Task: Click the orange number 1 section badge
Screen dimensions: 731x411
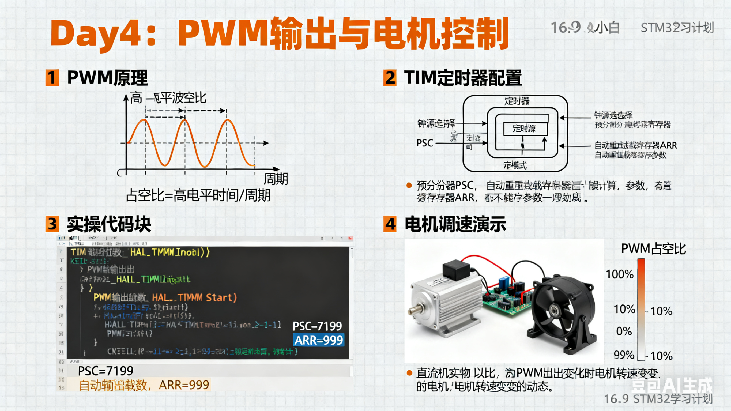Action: [x=52, y=78]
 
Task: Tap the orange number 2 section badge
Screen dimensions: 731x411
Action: [x=390, y=78]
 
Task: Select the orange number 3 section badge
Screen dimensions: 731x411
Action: [x=52, y=224]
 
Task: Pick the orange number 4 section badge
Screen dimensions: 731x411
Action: [x=390, y=224]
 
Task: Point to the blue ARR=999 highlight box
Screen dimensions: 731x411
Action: [x=318, y=340]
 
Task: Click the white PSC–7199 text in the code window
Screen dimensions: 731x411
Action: [x=317, y=326]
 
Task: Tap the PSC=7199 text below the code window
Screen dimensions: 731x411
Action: [x=105, y=371]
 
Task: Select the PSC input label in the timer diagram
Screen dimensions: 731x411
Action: [x=425, y=143]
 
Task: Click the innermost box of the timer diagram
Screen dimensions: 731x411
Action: [x=524, y=129]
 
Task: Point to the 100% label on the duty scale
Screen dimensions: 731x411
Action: [x=620, y=274]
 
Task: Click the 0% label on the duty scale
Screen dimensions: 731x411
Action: [x=624, y=331]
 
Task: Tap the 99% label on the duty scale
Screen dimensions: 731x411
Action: [x=624, y=355]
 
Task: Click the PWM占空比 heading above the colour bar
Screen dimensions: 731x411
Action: [x=653, y=249]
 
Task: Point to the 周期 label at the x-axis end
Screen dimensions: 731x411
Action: [x=276, y=179]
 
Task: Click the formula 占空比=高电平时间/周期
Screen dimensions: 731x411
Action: [x=198, y=195]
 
